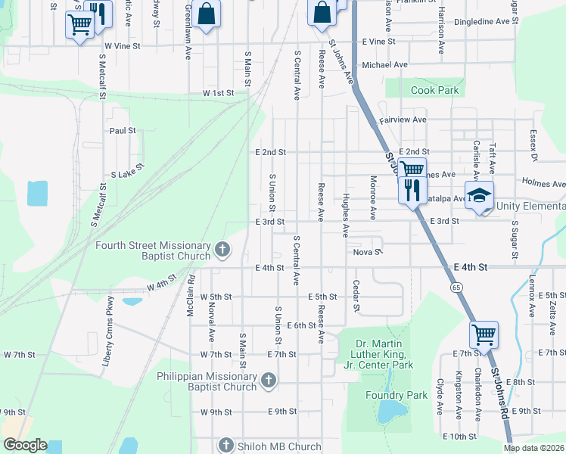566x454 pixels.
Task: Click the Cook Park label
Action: (434, 90)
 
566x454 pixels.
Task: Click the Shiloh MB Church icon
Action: (225, 444)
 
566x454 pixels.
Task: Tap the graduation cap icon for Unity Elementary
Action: (479, 195)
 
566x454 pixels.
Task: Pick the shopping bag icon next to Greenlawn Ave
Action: (206, 14)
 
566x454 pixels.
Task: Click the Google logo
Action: (24, 445)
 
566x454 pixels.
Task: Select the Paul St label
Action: (122, 130)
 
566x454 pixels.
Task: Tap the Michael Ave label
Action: (384, 65)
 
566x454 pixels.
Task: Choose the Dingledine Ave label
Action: (487, 22)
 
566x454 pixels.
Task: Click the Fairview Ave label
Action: (403, 120)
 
